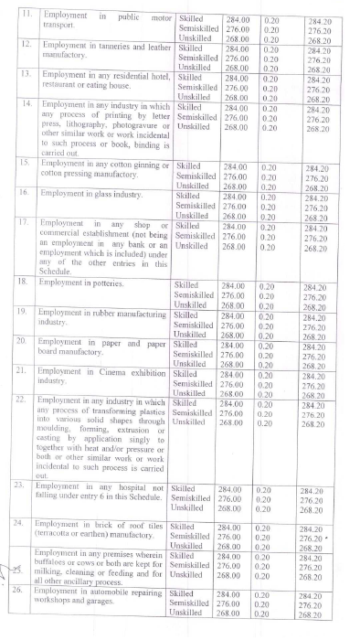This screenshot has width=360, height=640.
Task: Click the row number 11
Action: coord(26,16)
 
